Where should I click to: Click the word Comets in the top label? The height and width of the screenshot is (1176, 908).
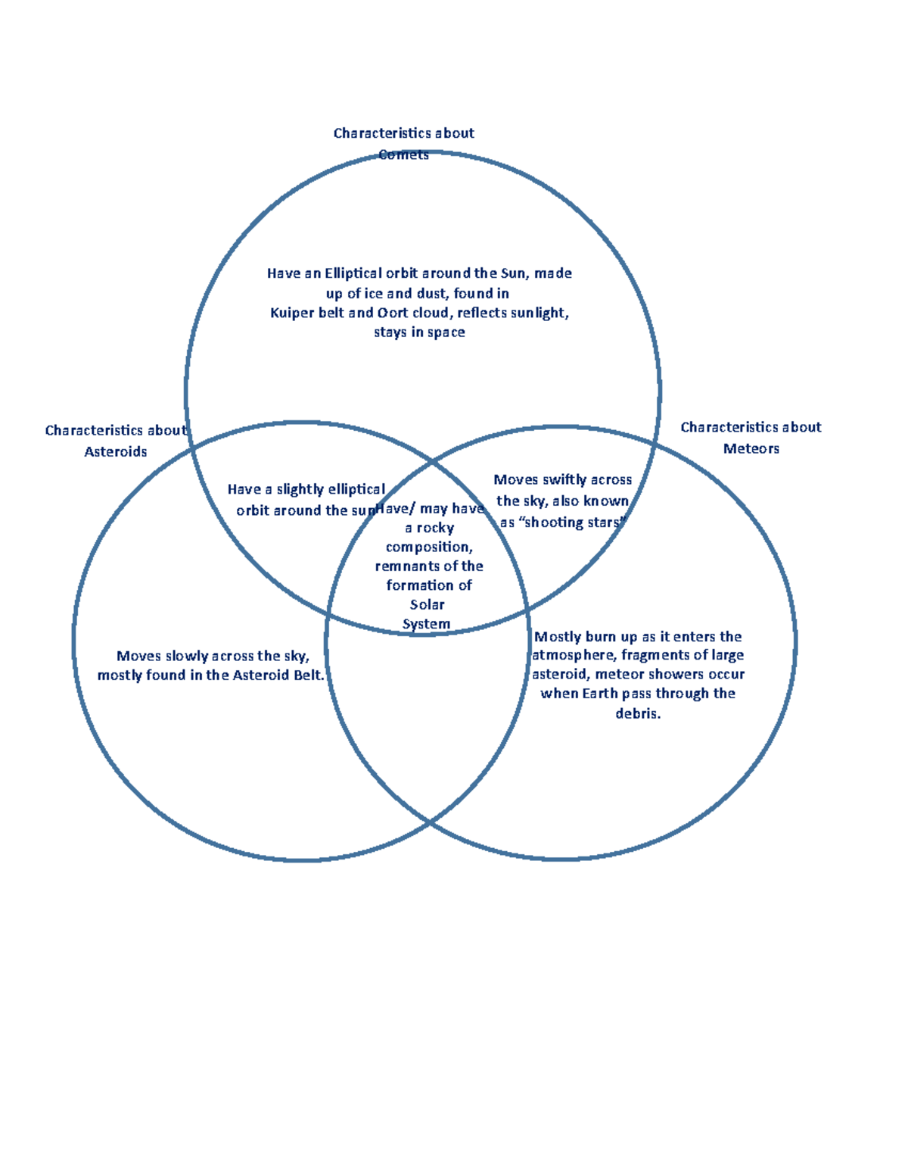pyautogui.click(x=403, y=154)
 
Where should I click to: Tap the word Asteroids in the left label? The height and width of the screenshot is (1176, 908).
pyautogui.click(x=116, y=451)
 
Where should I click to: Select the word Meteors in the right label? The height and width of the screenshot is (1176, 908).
pyautogui.click(x=751, y=448)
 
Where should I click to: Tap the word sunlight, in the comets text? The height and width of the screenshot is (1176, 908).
pyautogui.click(x=540, y=313)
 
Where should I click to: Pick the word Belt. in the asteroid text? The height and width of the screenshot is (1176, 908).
pyautogui.click(x=308, y=675)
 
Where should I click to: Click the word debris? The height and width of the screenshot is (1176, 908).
pyautogui.click(x=638, y=713)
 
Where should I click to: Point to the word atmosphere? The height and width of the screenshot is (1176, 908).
pyautogui.click(x=574, y=655)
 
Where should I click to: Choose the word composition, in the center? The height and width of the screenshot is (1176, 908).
pyautogui.click(x=429, y=547)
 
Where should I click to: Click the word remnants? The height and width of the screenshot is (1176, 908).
pyautogui.click(x=406, y=566)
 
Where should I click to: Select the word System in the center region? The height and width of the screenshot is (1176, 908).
pyautogui.click(x=426, y=624)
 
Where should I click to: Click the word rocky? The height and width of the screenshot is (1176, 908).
pyautogui.click(x=435, y=528)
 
